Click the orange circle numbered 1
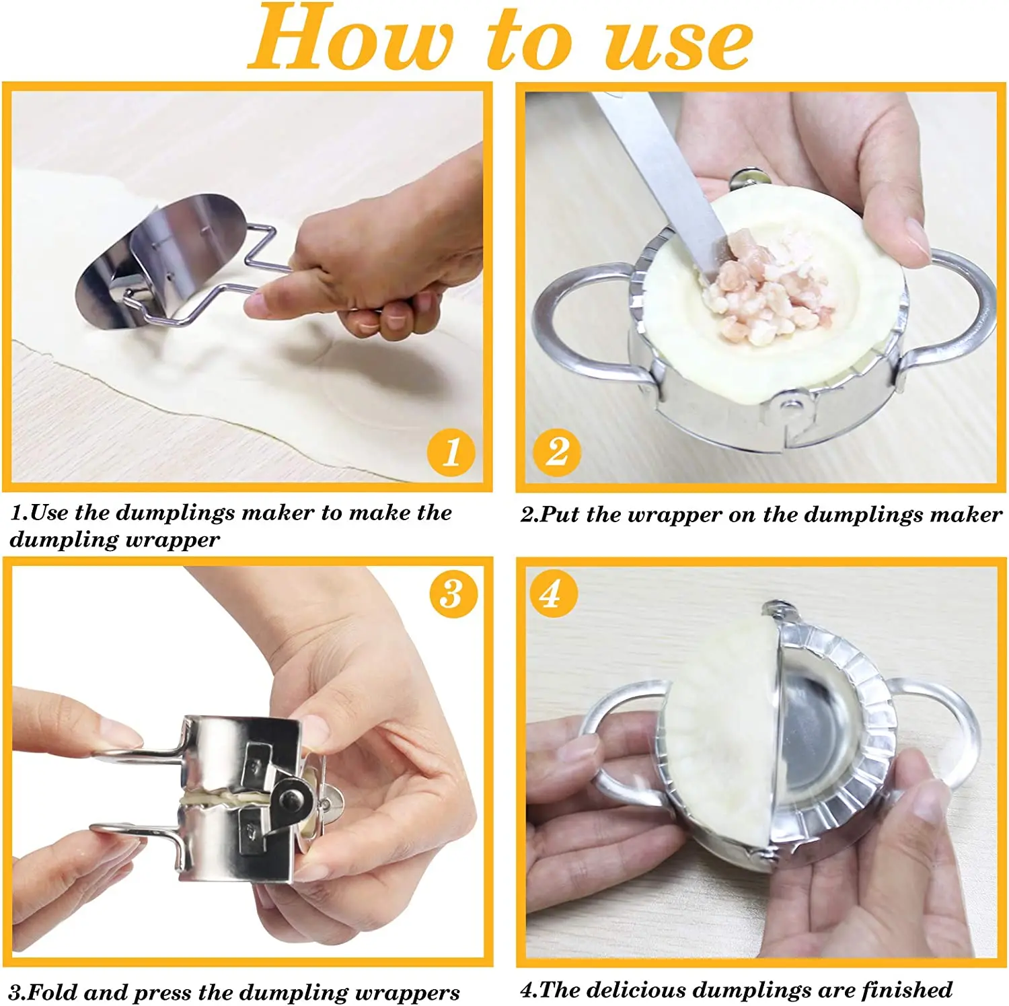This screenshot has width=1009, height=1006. [x=451, y=452]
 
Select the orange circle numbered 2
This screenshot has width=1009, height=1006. [x=557, y=452]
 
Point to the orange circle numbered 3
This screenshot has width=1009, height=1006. [x=453, y=594]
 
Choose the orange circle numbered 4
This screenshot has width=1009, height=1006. [x=552, y=594]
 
